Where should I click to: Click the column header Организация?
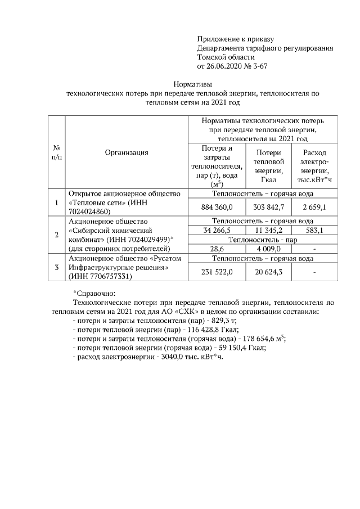pyautogui.click(x=126, y=152)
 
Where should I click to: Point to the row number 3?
pyautogui.click(x=56, y=267)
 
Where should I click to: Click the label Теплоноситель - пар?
pyautogui.click(x=262, y=239)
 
